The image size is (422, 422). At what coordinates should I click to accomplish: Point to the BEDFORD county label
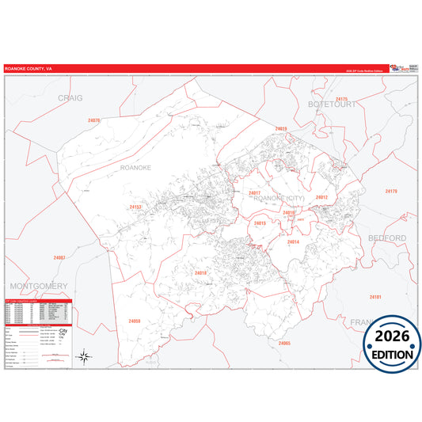386,238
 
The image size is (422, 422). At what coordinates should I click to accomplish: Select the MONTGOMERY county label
39,285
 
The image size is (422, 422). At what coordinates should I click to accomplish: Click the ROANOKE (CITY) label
278,198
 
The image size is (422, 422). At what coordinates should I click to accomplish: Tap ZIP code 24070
94,120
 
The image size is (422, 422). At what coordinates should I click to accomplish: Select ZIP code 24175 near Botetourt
341,100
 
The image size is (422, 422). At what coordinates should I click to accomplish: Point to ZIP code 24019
281,128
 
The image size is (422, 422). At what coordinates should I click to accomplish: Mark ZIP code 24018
200,273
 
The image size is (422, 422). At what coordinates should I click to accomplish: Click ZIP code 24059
134,321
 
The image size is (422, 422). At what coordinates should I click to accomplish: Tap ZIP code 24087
59,258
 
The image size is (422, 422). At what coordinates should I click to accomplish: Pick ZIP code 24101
375,297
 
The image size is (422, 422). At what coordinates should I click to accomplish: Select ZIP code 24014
293,241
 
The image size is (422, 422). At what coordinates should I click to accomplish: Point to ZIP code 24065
284,343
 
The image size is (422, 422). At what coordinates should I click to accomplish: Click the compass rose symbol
86,358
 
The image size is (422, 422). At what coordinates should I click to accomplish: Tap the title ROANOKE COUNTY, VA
29,69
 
